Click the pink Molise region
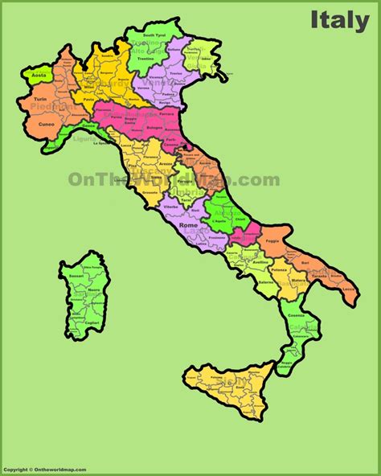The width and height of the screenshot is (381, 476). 243,236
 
